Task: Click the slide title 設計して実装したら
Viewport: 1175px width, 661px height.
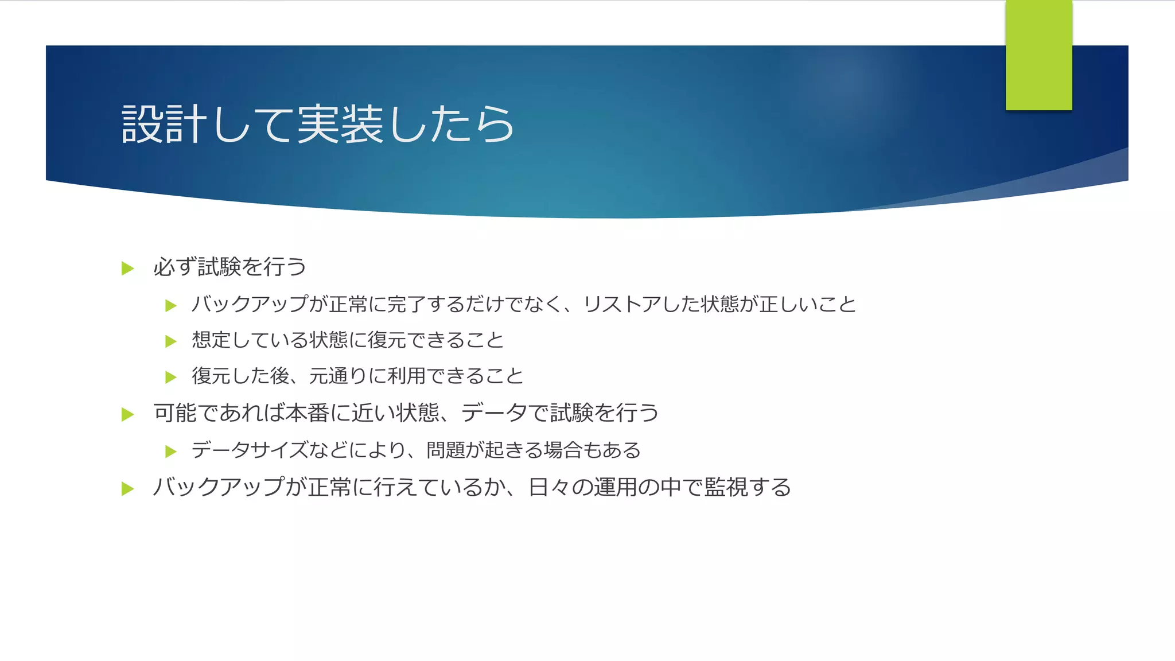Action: [318, 124]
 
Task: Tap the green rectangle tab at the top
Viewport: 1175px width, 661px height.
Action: [1038, 55]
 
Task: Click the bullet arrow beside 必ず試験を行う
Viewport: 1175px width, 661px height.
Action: [128, 269]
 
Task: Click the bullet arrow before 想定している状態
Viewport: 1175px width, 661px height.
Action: [171, 341]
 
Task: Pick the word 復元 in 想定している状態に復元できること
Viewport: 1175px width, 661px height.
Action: [387, 340]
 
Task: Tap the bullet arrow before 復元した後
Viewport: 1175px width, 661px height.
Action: [171, 377]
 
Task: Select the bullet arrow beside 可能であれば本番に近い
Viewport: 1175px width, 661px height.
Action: [128, 414]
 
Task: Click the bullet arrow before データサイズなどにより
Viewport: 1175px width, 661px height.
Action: [171, 452]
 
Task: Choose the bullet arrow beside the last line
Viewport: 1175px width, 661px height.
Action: [128, 489]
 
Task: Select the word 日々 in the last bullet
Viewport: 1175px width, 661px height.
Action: [550, 487]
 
